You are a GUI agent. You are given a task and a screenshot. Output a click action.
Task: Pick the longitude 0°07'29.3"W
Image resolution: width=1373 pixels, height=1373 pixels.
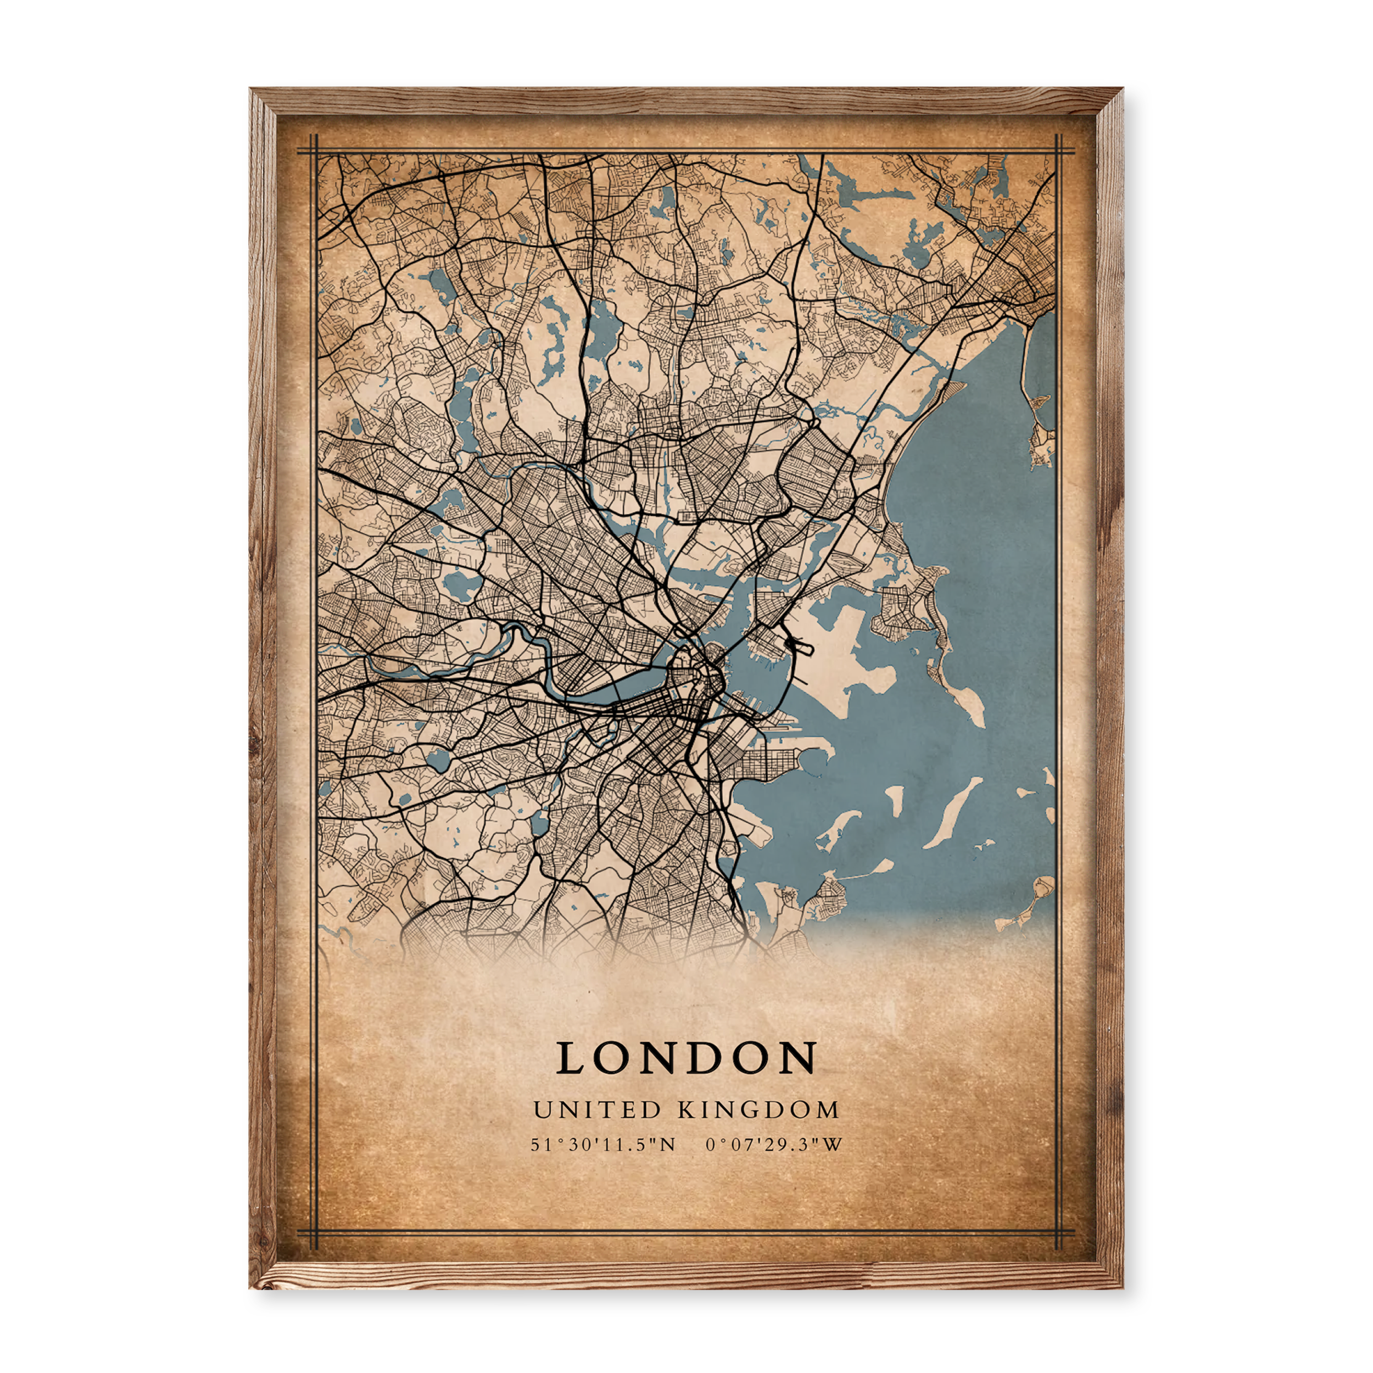774,1165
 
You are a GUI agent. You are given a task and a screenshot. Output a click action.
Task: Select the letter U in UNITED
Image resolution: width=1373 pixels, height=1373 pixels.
542,1130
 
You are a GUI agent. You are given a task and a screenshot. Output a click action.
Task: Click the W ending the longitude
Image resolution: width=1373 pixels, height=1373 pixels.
834,1165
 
